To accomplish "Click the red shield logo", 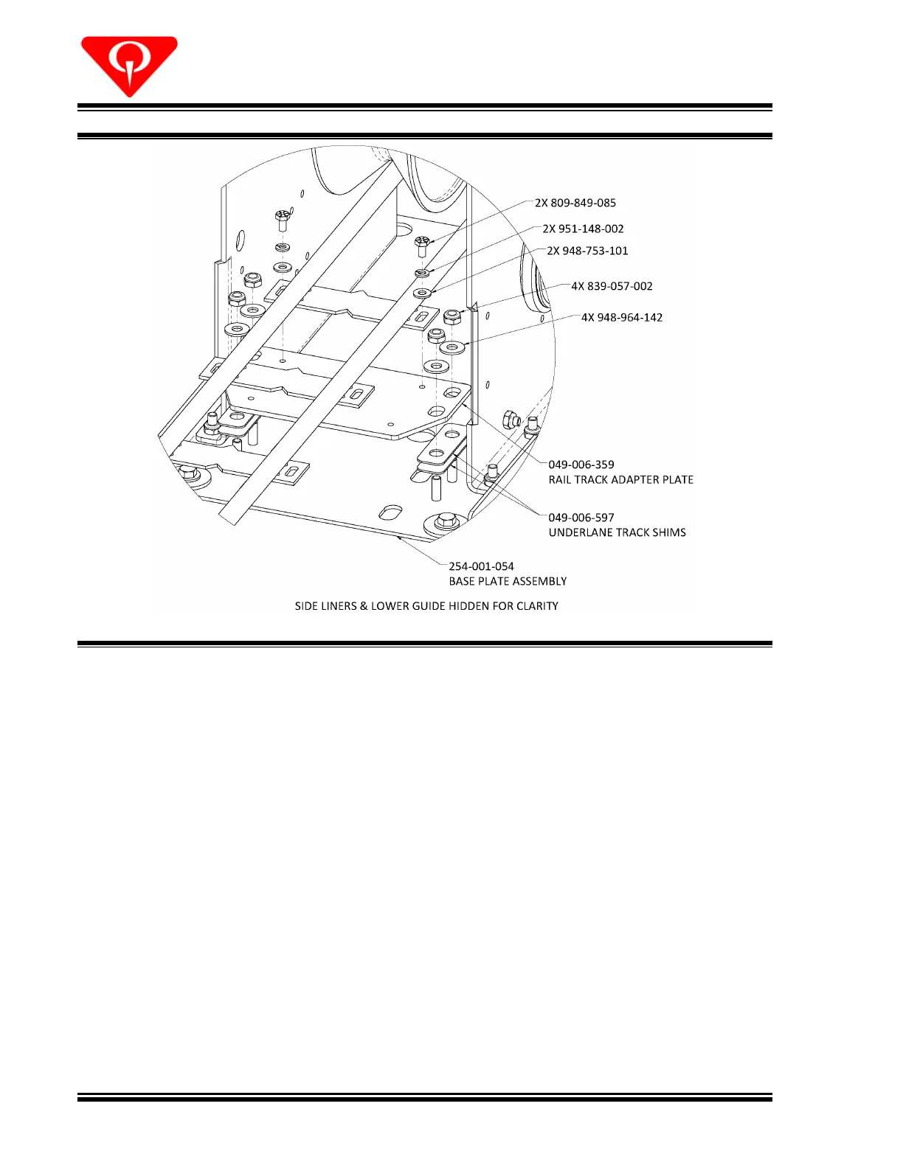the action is click(129, 65).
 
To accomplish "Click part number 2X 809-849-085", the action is click(575, 203).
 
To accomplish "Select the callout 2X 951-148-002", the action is click(583, 229).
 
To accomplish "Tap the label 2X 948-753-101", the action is click(587, 251).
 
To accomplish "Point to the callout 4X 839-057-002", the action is click(612, 286).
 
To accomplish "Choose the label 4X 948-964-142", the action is click(622, 317).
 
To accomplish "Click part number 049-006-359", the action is click(581, 465).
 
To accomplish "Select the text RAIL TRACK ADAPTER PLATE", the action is click(621, 479).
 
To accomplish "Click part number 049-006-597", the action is click(581, 518).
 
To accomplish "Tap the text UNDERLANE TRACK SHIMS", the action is click(617, 532).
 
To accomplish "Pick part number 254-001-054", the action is click(482, 566).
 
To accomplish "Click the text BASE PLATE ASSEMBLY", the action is click(508, 581).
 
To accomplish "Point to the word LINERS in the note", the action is click(338, 606).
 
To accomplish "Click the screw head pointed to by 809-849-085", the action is click(422, 242).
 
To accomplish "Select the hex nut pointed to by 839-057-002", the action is click(454, 316).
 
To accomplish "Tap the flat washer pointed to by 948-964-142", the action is click(452, 346).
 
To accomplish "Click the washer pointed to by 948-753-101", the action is click(422, 293).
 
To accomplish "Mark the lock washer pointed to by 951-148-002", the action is click(422, 274).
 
